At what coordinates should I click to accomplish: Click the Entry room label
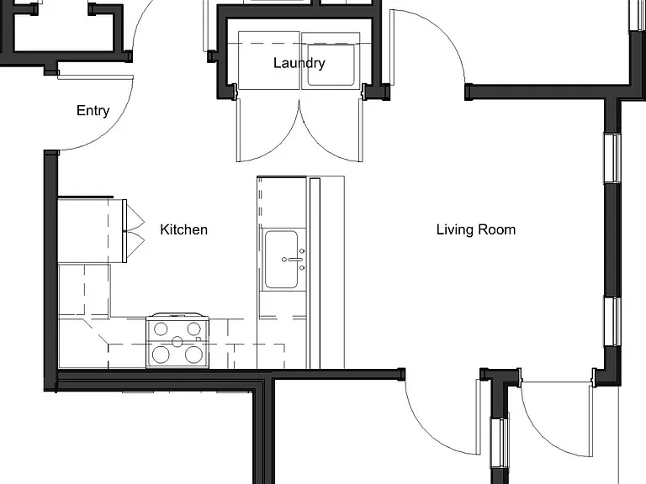93,111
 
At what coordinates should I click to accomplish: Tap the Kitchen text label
183,229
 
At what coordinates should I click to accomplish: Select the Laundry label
299,63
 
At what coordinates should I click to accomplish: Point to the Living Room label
476,229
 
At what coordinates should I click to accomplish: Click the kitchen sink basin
282,260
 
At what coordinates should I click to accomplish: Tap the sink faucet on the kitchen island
294,260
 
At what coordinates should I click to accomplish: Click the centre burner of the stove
177,342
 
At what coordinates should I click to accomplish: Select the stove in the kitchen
177,340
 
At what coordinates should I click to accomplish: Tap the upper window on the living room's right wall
612,158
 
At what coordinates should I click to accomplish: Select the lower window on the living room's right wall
612,322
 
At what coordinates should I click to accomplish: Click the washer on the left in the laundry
268,60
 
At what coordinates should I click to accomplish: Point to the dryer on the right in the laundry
331,60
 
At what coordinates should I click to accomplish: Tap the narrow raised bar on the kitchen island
315,273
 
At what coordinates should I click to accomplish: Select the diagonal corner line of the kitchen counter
96,331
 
